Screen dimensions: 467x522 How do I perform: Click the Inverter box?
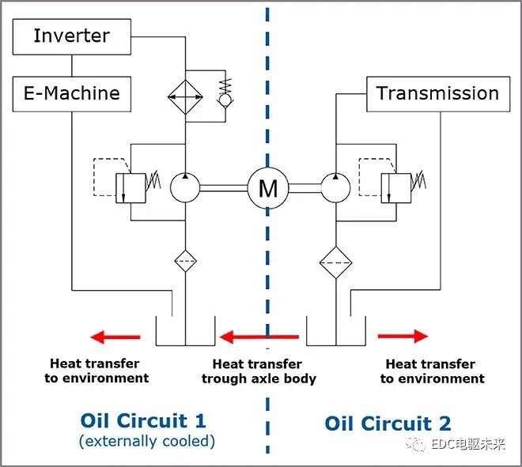(71, 36)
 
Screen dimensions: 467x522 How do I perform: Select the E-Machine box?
(71, 93)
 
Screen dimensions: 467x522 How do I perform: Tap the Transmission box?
(437, 93)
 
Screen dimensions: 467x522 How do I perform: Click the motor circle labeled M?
(268, 188)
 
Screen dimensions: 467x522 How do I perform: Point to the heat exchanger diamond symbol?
(185, 97)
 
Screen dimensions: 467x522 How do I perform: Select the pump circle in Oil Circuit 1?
(185, 188)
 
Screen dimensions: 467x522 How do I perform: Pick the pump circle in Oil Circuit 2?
(335, 188)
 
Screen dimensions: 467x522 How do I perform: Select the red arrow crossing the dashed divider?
(259, 337)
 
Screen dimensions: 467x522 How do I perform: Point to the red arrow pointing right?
(403, 337)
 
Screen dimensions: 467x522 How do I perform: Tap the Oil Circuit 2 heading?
(388, 423)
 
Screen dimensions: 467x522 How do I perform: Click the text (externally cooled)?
(146, 441)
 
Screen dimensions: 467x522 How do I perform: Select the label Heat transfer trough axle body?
(258, 371)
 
